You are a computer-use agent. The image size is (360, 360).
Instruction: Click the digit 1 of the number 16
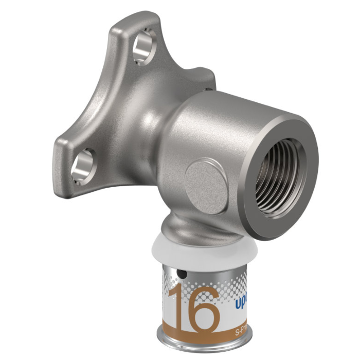(x=177, y=309)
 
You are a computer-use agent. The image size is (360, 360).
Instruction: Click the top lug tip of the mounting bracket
(x=129, y=21)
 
